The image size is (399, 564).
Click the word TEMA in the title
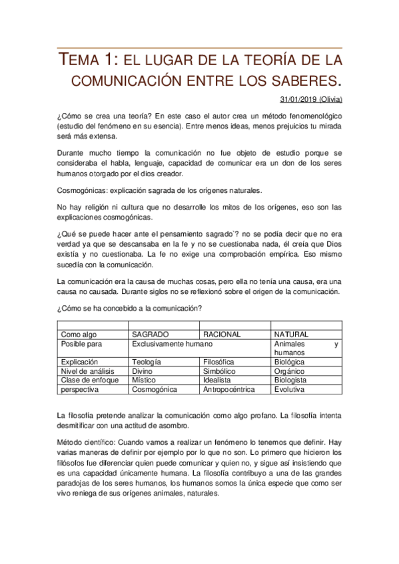click(83, 61)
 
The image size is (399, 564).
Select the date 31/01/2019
click(298, 99)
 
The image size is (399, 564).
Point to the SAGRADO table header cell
click(151, 335)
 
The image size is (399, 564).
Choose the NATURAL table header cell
click(292, 335)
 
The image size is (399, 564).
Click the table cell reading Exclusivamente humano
click(172, 344)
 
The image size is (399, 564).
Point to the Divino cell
click(143, 371)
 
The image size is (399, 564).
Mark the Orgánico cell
click(290, 371)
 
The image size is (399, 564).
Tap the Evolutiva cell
click(290, 389)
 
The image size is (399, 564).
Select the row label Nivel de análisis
click(88, 371)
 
